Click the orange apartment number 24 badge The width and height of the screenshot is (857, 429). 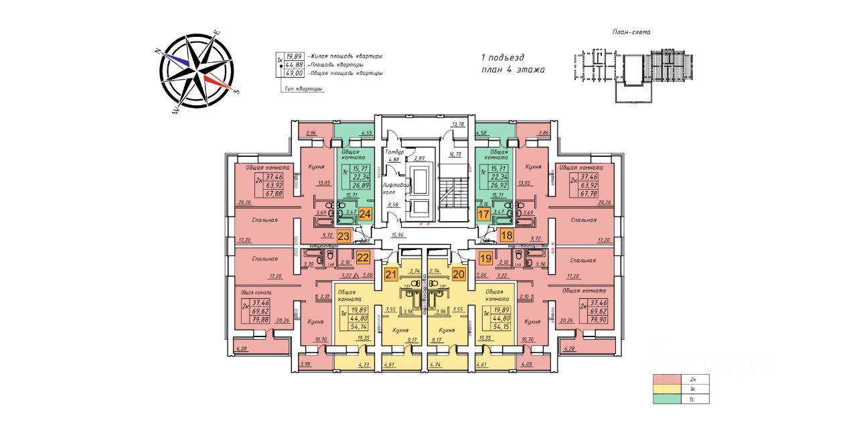[365, 214]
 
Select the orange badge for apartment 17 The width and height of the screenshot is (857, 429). [483, 214]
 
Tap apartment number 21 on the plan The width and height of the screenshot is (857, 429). [390, 273]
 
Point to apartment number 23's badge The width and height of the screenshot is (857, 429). [343, 235]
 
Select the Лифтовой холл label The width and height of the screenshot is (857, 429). [392, 188]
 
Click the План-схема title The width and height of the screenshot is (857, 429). [631, 32]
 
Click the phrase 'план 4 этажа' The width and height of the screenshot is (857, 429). [513, 69]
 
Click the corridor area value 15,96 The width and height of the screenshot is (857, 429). [415, 235]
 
